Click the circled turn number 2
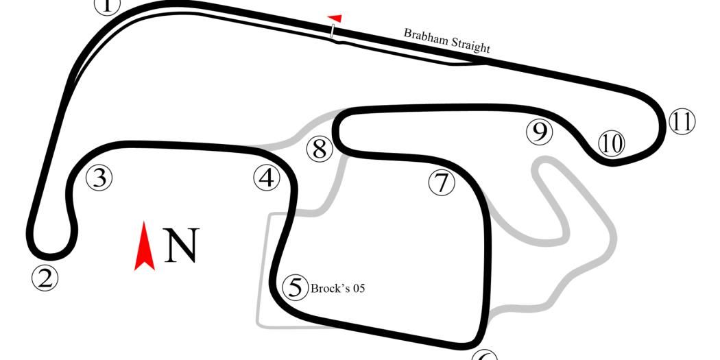tap(45, 278)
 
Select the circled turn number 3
tap(99, 178)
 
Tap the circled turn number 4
tap(267, 178)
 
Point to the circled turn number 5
tap(295, 288)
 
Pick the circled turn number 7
tap(442, 183)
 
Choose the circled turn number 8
tap(320, 149)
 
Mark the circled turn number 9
tap(539, 132)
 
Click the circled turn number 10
tap(612, 143)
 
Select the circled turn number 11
tap(682, 121)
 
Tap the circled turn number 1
tap(106, 5)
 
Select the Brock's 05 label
tap(337, 289)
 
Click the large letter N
tap(182, 245)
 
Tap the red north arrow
tap(144, 246)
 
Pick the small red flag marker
tap(335, 19)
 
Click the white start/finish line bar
tap(333, 31)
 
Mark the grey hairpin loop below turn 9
tap(551, 202)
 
